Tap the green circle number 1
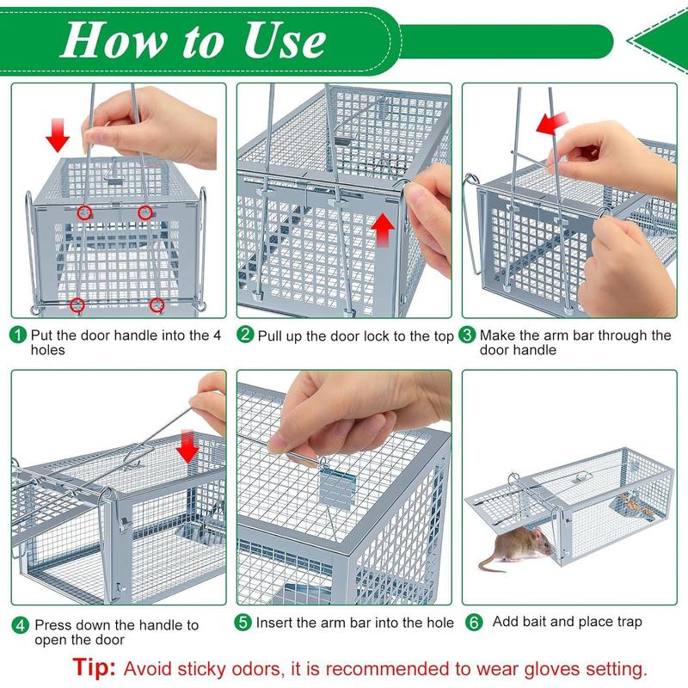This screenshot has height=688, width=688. (x=18, y=335)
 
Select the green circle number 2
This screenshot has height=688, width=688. (x=245, y=335)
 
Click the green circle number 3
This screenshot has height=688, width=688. (x=468, y=335)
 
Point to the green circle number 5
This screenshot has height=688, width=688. (x=245, y=621)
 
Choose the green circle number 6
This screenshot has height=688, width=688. (x=472, y=621)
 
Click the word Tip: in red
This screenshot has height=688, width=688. (x=95, y=667)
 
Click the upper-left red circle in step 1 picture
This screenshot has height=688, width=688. (x=83, y=212)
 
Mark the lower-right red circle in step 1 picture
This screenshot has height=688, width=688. (x=157, y=304)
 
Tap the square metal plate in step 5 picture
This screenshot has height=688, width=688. (x=338, y=489)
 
